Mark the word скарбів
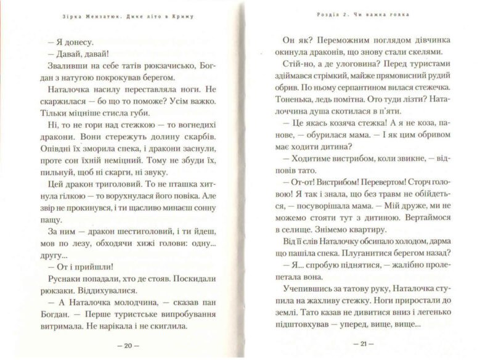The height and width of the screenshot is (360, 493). (198, 135)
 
